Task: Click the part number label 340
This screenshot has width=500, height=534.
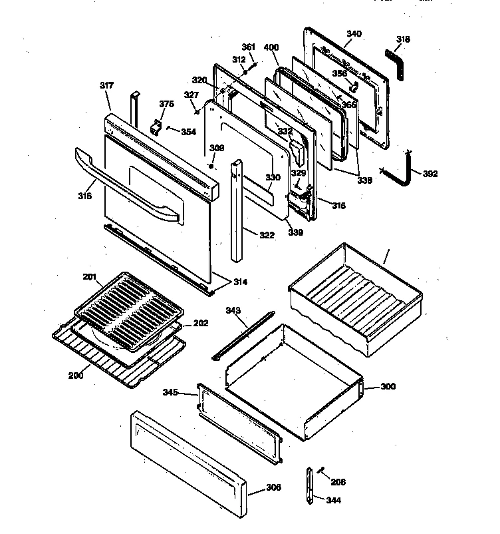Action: point(354,33)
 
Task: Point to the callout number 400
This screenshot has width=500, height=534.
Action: point(271,47)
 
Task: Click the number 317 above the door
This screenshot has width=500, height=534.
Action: point(106,85)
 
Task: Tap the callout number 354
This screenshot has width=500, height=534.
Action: point(188,132)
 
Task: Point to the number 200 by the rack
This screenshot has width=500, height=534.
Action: point(75,375)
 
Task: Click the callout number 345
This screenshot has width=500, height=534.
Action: point(171,392)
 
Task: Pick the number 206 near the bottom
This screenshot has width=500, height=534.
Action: point(338,481)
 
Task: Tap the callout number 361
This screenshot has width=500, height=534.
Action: point(248,47)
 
